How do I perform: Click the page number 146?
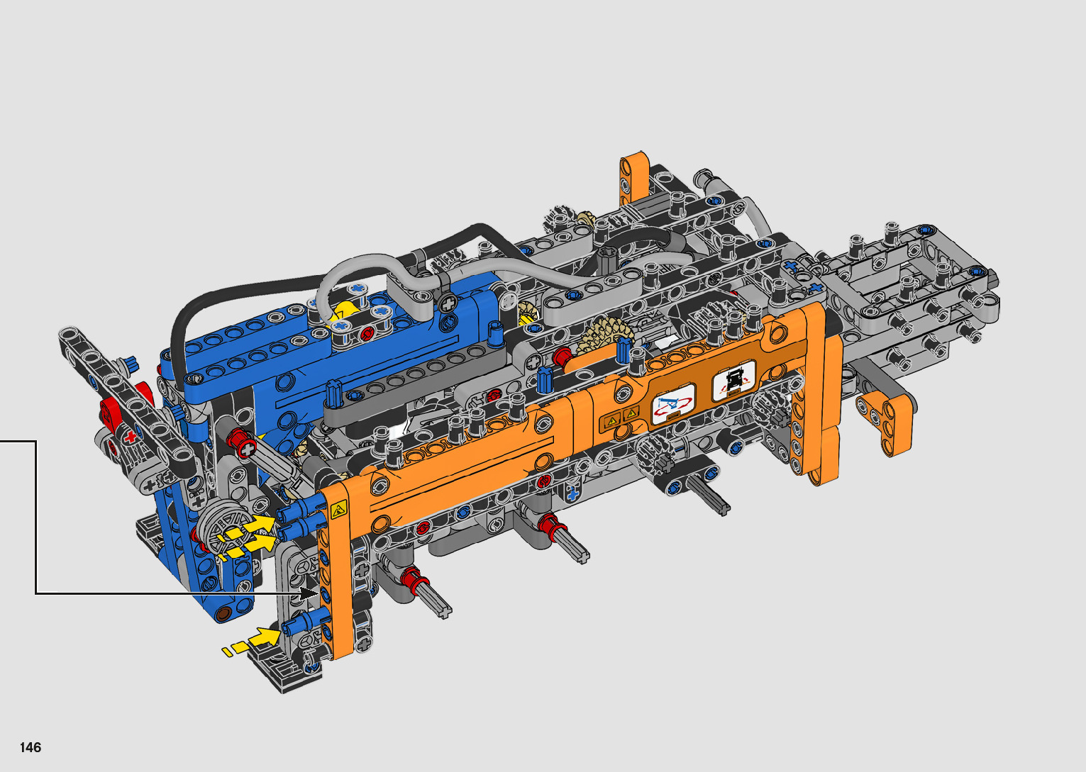point(31,747)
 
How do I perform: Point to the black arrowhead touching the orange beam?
point(309,593)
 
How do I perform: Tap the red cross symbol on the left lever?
point(131,437)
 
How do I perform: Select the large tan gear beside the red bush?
point(604,336)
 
